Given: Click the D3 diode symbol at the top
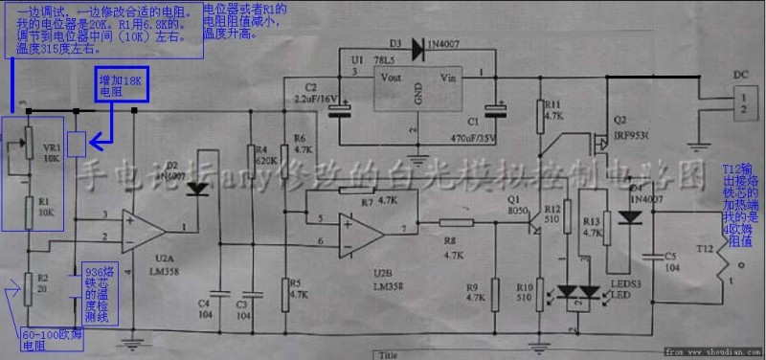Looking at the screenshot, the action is pyautogui.click(x=418, y=45).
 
